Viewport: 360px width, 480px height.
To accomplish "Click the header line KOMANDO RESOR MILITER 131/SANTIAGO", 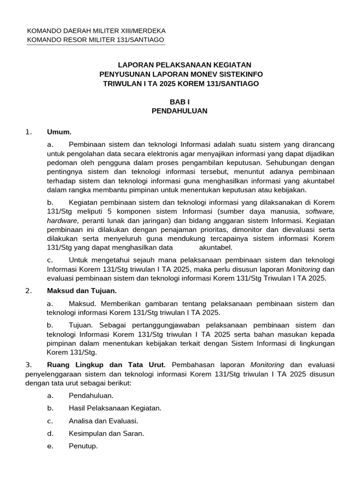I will [96, 40].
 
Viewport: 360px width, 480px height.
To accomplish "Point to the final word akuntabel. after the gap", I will [216, 247].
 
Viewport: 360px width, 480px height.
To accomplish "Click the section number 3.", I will [29, 365].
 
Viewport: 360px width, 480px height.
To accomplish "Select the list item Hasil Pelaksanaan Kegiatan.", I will [115, 408].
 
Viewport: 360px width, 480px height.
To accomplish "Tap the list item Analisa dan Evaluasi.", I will [103, 421].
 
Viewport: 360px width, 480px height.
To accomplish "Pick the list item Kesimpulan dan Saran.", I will [106, 434].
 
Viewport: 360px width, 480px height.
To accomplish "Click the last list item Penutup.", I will [83, 446].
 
